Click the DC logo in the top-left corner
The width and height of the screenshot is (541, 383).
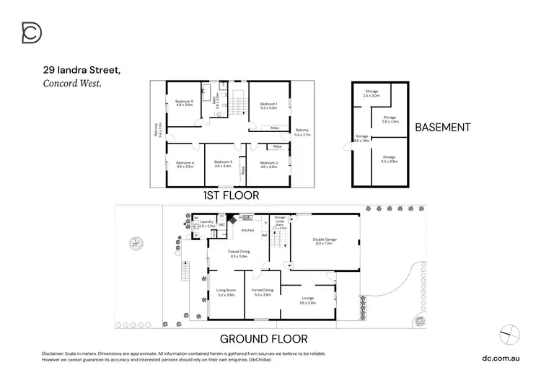[32, 33]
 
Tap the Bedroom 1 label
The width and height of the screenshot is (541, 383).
[268, 104]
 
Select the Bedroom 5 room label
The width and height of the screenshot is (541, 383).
[185, 102]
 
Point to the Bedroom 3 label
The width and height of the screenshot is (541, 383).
[222, 162]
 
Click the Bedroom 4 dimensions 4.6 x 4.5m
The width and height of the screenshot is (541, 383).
[185, 167]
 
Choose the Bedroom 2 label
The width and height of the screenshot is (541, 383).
[268, 162]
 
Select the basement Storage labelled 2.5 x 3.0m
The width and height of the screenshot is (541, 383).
[371, 95]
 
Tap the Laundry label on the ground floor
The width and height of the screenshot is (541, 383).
[206, 221]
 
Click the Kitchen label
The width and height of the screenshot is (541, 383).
[248, 230]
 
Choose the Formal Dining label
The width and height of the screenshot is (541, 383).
[263, 290]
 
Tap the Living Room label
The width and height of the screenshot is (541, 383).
[226, 290]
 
